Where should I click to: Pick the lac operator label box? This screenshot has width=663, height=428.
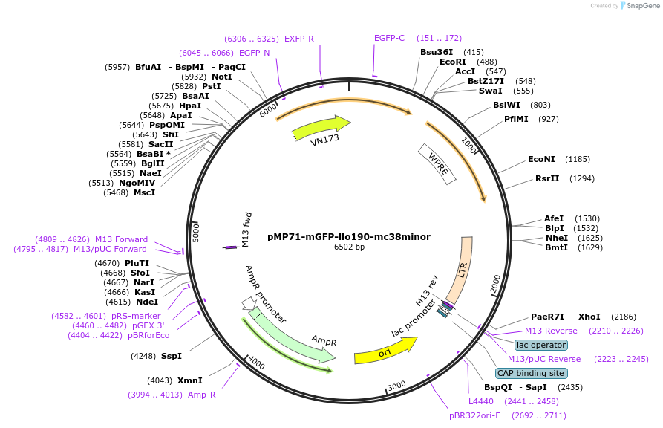pyautogui.click(x=540, y=345)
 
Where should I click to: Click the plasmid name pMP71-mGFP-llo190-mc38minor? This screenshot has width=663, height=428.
pyautogui.click(x=348, y=237)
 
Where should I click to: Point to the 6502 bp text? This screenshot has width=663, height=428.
pyautogui.click(x=349, y=247)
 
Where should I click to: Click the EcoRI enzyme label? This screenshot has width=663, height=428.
pyautogui.click(x=453, y=62)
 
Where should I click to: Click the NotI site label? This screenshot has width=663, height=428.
pyautogui.click(x=222, y=77)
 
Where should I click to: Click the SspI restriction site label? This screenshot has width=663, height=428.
pyautogui.click(x=172, y=356)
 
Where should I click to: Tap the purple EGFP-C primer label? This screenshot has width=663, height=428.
pyautogui.click(x=389, y=38)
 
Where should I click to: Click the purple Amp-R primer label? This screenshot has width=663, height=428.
pyautogui.click(x=202, y=395)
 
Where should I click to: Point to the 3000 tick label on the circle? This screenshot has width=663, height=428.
pyautogui.click(x=396, y=384)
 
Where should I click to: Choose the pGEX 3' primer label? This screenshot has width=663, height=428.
pyautogui.click(x=148, y=325)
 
